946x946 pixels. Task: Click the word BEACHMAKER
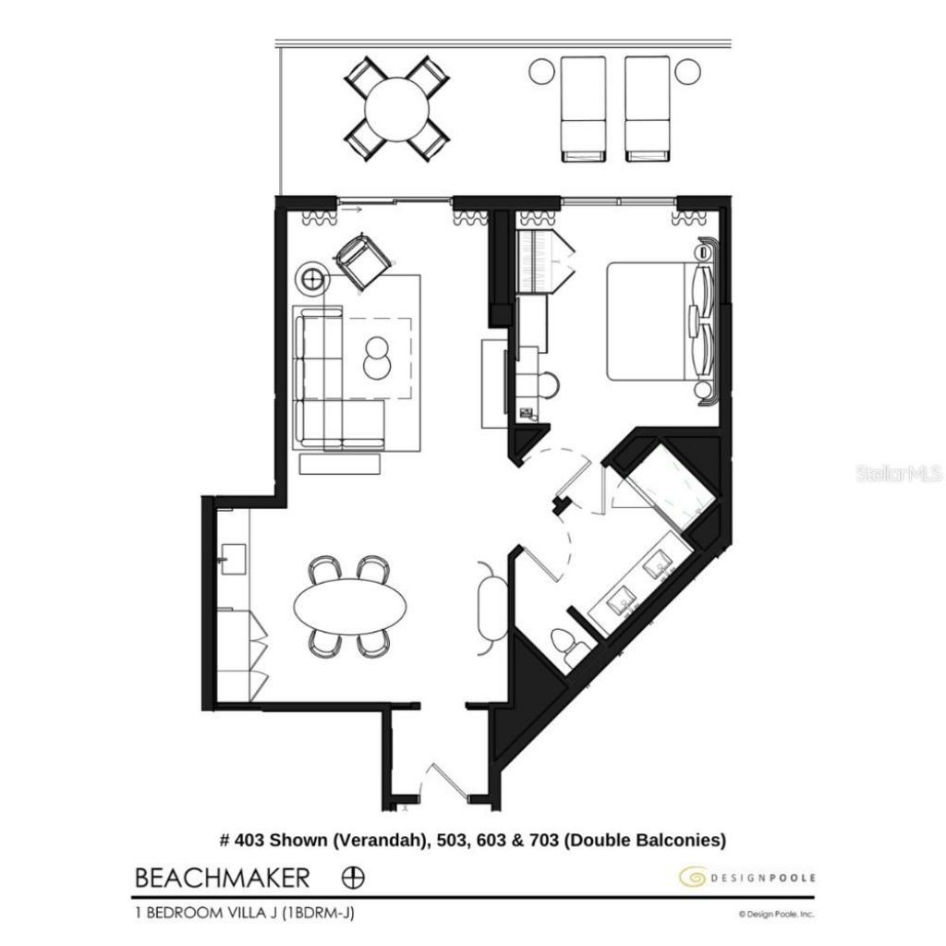pyautogui.click(x=222, y=877)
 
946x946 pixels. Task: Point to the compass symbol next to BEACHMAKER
pyautogui.click(x=354, y=877)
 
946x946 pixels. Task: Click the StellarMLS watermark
pyautogui.click(x=898, y=474)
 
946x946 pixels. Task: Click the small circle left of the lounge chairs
pyautogui.click(x=541, y=70)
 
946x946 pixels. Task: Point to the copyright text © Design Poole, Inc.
pyautogui.click(x=775, y=914)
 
